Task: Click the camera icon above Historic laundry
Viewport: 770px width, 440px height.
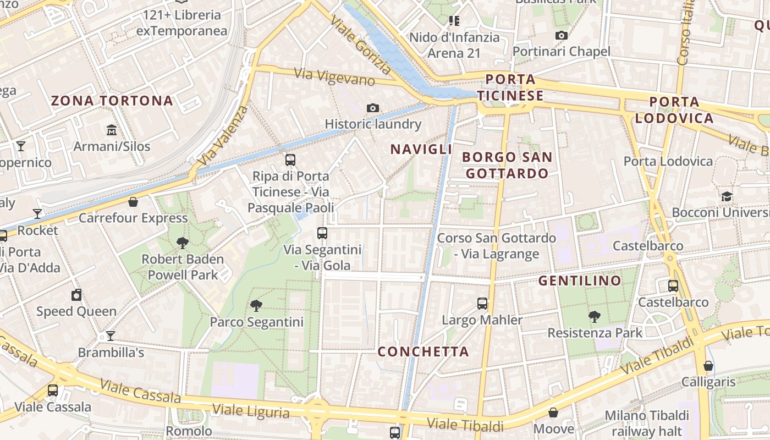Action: coord(373,108)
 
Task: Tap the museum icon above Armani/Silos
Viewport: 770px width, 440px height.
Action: coord(112,130)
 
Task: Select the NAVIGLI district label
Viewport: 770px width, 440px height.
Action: coord(421,149)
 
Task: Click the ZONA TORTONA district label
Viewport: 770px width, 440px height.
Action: coord(112,101)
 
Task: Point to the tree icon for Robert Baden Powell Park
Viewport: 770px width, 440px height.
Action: coord(183,243)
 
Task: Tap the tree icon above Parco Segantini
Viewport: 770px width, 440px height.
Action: coord(256,305)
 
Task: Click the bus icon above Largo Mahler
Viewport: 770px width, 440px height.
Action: coord(482,303)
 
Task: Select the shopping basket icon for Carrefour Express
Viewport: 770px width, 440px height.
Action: coord(133,202)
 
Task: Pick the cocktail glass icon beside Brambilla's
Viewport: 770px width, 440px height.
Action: coord(111,335)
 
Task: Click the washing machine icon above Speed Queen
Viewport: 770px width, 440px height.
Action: coord(76,295)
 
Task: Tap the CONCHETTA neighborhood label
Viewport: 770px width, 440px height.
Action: coord(423,351)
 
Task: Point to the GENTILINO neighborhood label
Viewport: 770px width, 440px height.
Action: coord(580,281)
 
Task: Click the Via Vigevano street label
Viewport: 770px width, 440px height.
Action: coord(334,77)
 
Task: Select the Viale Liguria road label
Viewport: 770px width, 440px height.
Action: coord(251,411)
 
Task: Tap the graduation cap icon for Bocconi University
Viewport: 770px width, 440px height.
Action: coord(727,196)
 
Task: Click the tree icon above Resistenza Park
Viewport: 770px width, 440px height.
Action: coord(594,316)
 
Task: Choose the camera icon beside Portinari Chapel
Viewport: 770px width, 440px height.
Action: coord(561,36)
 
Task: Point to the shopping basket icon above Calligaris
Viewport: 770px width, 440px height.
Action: coord(708,365)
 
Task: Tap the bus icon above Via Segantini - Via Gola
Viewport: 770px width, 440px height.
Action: coord(322,233)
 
